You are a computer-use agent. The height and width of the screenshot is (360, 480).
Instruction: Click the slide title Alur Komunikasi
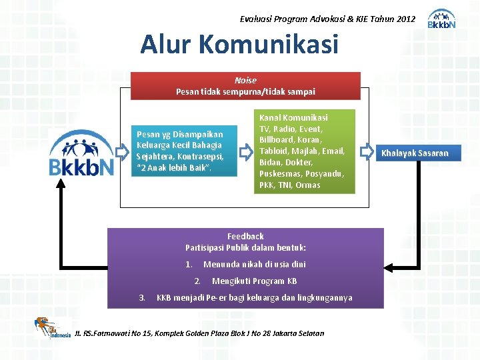tap(239, 45)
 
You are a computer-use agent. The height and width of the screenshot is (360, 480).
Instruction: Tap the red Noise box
tap(245, 86)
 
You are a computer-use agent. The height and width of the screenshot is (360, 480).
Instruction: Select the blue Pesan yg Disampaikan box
tap(179, 151)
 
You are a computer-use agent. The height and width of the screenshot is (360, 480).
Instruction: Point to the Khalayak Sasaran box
tap(415, 153)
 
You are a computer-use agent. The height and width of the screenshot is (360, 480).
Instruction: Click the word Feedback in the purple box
tap(245, 236)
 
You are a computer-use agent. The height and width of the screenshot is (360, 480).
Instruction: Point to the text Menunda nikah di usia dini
tap(255, 265)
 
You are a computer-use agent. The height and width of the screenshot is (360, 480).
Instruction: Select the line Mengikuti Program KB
tap(254, 281)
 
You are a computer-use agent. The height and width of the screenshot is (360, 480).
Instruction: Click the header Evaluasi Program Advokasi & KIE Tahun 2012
tap(327, 19)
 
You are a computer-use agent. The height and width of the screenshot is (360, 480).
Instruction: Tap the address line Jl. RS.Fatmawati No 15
tap(200, 333)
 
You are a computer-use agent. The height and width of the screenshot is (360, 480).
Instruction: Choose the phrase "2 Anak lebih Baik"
tap(173, 167)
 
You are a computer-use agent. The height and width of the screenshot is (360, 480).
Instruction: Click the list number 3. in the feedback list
tap(141, 297)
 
